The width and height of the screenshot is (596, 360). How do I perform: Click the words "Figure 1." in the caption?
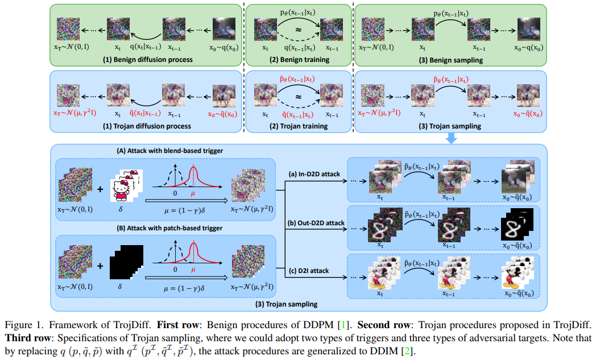click(x=21, y=325)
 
